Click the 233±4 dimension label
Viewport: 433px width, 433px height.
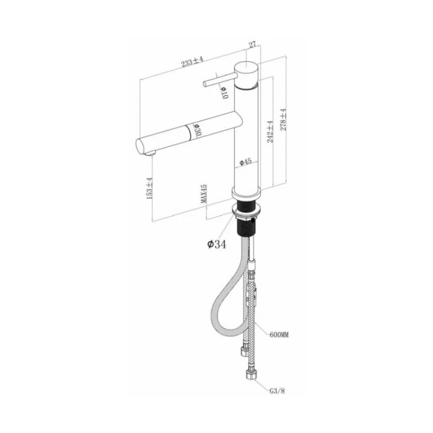point(192,62)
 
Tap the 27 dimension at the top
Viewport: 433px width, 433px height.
point(253,44)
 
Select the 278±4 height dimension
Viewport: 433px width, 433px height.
point(283,119)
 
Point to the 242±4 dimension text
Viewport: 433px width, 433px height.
point(270,132)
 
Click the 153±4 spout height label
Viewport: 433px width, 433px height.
point(150,188)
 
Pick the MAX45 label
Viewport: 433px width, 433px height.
point(204,194)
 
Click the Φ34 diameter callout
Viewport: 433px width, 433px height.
point(216,244)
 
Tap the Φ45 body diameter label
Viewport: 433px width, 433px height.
point(245,162)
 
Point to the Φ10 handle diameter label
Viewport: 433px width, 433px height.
point(225,92)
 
